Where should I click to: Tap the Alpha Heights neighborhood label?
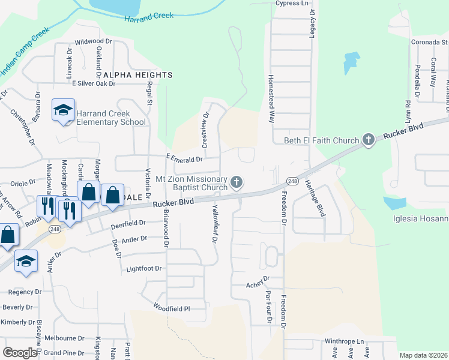pyautogui.click(x=137, y=75)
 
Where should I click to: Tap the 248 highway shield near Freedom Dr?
pyautogui.click(x=292, y=181)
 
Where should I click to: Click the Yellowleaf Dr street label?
pyautogui.click(x=215, y=223)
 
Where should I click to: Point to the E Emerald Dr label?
pyautogui.click(x=184, y=159)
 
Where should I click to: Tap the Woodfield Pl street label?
pyautogui.click(x=171, y=308)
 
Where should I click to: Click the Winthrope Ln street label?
pyautogui.click(x=345, y=341)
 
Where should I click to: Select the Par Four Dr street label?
pyautogui.click(x=268, y=308)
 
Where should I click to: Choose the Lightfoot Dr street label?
pyautogui.click(x=144, y=269)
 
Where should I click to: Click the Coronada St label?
pyautogui.click(x=429, y=42)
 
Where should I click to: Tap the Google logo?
pyautogui.click(x=20, y=353)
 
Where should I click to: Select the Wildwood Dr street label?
pyautogui.click(x=93, y=42)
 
